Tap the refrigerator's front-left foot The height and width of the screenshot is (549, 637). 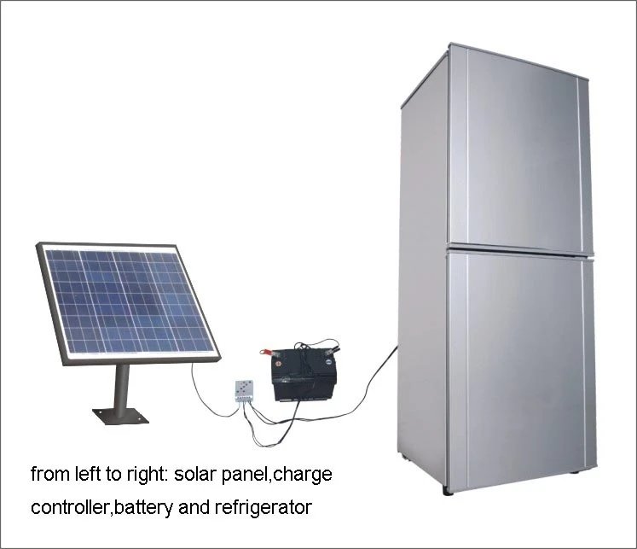[x=449, y=490]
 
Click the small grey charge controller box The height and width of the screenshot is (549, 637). [x=245, y=392]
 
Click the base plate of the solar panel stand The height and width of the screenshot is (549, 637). [x=120, y=416]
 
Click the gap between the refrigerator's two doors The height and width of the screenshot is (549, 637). [x=520, y=248]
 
